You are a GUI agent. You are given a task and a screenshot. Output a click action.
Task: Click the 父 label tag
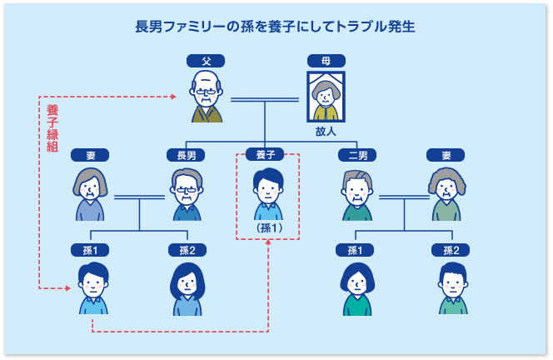pyautogui.click(x=205, y=61)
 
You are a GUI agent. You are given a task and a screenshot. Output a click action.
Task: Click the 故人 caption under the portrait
pyautogui.click(x=326, y=132)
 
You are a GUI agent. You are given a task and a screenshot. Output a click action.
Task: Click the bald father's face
pyautogui.click(x=206, y=88)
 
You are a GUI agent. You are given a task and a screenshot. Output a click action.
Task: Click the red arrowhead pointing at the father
pyautogui.click(x=173, y=97)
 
